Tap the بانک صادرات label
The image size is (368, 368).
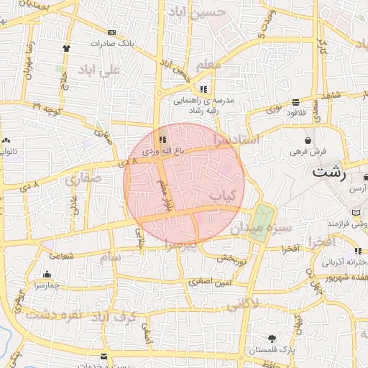click(111, 43)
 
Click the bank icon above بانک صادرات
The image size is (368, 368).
click(111, 32)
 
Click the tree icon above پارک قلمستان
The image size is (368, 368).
click(271, 339)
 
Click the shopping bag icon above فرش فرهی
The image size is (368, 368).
click(308, 140)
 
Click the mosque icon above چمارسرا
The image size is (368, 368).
click(47, 274)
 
